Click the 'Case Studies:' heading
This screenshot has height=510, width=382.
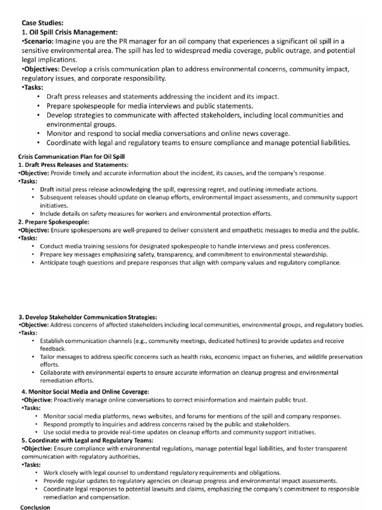pyautogui.click(x=43, y=22)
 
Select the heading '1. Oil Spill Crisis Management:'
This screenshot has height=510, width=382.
pyautogui.click(x=70, y=31)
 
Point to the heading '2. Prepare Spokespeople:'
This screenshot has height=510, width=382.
pyautogui.click(x=53, y=222)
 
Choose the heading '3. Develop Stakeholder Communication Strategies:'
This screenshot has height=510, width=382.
pyautogui.click(x=88, y=317)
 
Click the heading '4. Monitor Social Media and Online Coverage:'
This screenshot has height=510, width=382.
pyautogui.click(x=85, y=391)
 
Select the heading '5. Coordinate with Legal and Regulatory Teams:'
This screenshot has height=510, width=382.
pyautogui.click(x=87, y=440)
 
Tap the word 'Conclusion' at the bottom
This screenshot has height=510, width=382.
pyautogui.click(x=35, y=507)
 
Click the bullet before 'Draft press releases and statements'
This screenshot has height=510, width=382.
pyautogui.click(x=38, y=97)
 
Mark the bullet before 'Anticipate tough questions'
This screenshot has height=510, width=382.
pyautogui.click(x=33, y=262)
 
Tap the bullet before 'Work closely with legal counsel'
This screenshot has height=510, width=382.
pyautogui.click(x=37, y=472)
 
